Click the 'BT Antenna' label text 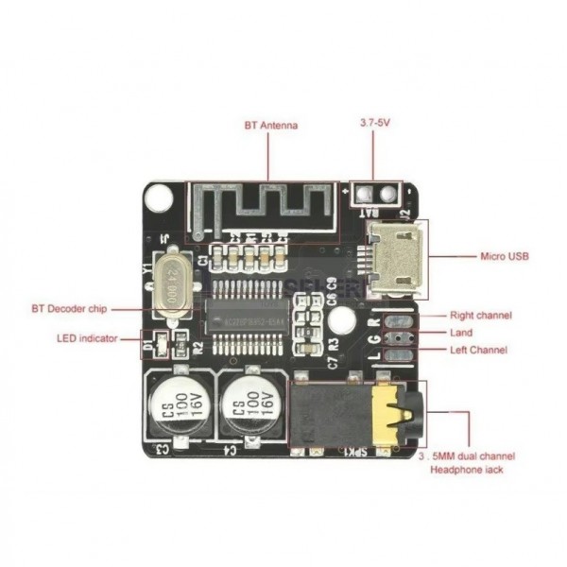271,125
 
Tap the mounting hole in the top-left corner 161,198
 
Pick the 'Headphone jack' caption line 467,469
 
